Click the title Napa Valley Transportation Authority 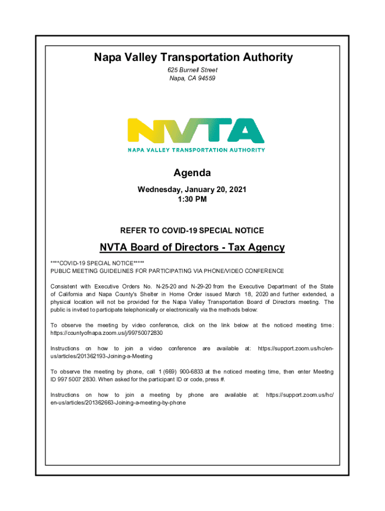(192, 58)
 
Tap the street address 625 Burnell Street (192, 70)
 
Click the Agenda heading (192, 173)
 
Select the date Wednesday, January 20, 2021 (192, 190)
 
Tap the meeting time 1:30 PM (192, 199)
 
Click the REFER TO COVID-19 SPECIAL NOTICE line (192, 231)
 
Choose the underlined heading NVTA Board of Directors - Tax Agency (192, 247)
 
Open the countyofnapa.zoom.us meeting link (107, 332)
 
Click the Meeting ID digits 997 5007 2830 (71, 379)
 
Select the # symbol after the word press (223, 379)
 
